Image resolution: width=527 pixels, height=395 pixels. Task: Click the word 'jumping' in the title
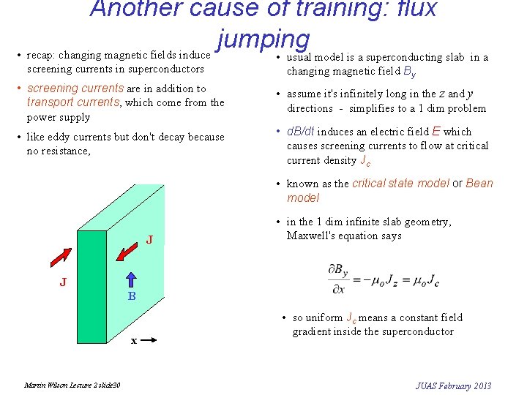pos(263,38)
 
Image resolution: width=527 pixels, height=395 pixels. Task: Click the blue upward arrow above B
pos(132,280)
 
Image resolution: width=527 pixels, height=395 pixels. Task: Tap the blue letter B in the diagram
pos(132,297)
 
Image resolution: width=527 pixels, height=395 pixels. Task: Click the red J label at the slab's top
pos(149,240)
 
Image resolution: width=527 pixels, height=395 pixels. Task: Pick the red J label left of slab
pos(64,282)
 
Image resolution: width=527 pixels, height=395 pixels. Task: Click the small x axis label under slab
pos(133,341)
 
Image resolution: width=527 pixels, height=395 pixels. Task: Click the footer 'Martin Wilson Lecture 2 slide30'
pos(72,385)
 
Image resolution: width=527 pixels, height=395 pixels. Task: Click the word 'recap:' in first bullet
pos(41,55)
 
